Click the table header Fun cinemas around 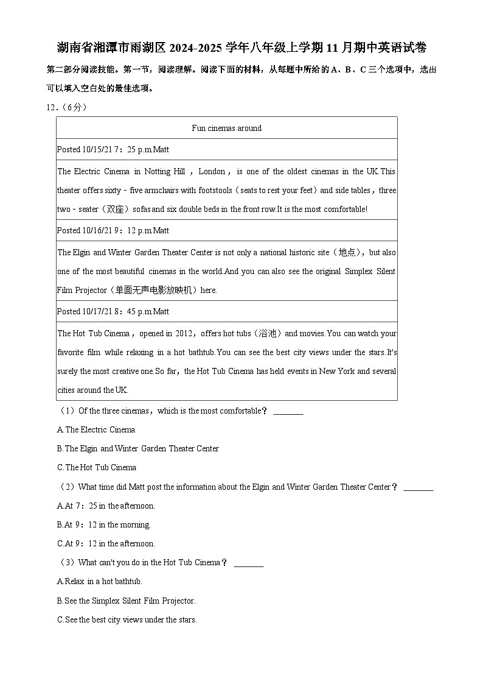coord(226,128)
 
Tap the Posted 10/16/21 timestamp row coord(113,230)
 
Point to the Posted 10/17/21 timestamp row coord(113,311)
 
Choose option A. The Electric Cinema coord(96,429)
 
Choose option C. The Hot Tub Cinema coord(97,467)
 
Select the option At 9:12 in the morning coord(103,524)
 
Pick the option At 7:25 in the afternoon coord(106,506)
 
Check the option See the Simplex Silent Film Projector coord(127,601)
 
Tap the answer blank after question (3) coord(248,563)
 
